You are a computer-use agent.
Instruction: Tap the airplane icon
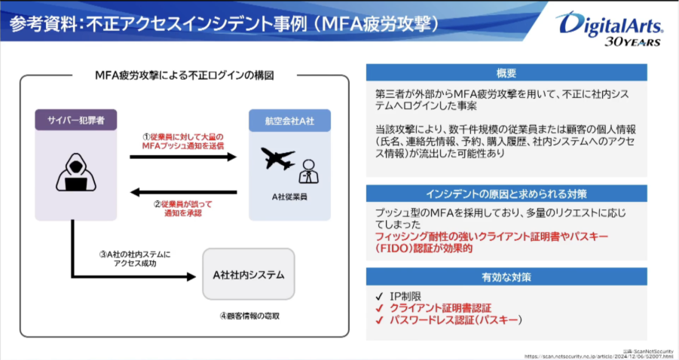pyautogui.click(x=277, y=159)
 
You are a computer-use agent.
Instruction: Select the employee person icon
pyautogui.click(x=307, y=172)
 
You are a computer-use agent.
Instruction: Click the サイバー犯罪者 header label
pyautogui.click(x=75, y=120)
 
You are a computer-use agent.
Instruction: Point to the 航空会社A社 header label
pyautogui.click(x=289, y=120)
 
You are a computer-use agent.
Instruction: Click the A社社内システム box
pyautogui.click(x=248, y=275)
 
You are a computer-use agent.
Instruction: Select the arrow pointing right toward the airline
pyautogui.click(x=188, y=157)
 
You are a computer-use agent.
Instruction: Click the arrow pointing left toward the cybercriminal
pyautogui.click(x=188, y=190)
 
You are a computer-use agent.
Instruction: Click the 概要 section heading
pyautogui.click(x=506, y=73)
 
